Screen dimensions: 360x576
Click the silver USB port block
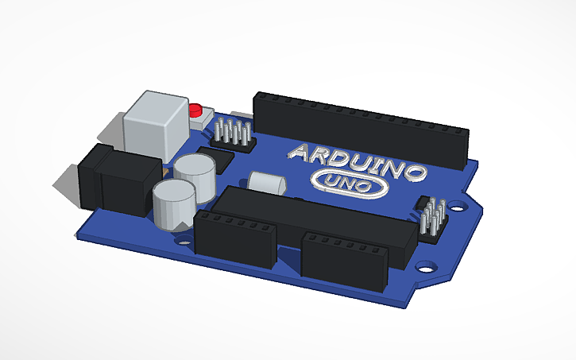pyautogui.click(x=157, y=123)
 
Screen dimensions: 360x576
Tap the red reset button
pyautogui.click(x=196, y=110)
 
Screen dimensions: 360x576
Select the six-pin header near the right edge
pyautogui.click(x=432, y=218)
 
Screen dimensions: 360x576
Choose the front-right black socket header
pyautogui.click(x=345, y=258)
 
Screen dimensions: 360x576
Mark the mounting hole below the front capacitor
pyautogui.click(x=185, y=236)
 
